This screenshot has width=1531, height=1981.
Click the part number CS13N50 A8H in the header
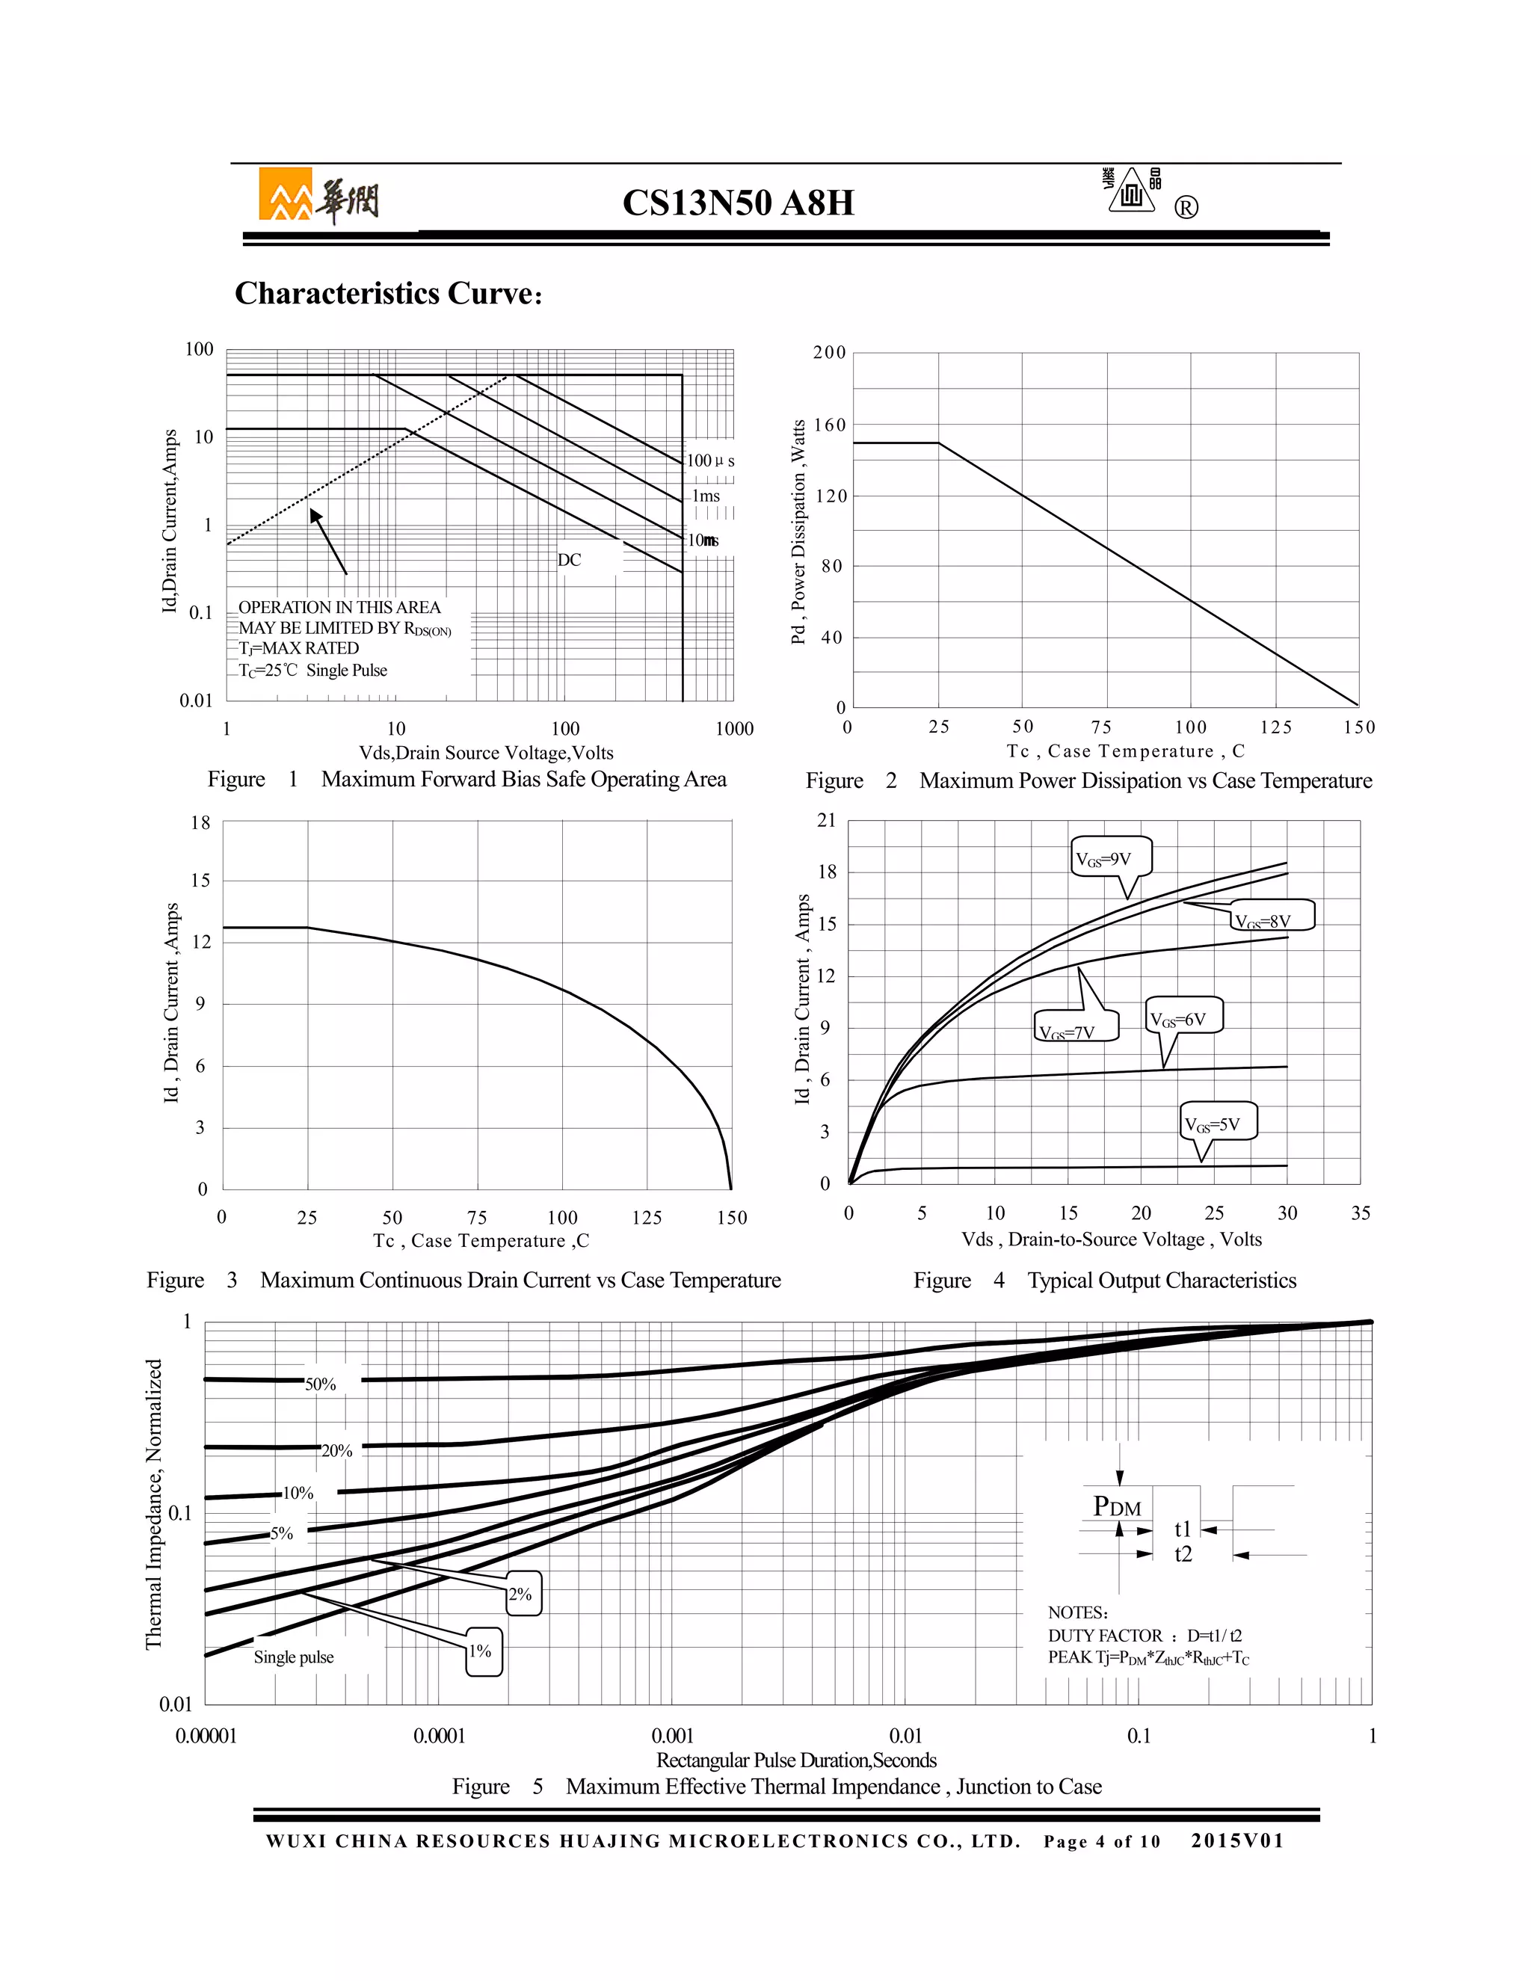click(x=737, y=203)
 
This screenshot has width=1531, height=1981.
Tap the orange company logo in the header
click(x=285, y=194)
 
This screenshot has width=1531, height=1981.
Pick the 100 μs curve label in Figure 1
click(x=709, y=460)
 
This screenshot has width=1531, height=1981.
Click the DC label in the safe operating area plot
click(x=569, y=560)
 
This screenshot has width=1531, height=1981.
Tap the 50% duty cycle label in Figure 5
click(x=320, y=1384)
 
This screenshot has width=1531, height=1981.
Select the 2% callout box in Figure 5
click(x=520, y=1594)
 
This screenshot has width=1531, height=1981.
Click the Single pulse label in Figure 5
click(x=293, y=1657)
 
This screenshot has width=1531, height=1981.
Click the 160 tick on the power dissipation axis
click(x=829, y=425)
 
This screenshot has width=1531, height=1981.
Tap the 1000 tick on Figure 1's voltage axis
click(x=734, y=728)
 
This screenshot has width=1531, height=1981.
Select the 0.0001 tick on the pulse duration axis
click(x=439, y=1736)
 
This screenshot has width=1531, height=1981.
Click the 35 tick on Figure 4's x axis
click(x=1360, y=1213)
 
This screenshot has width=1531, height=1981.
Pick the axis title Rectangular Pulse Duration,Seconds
click(x=795, y=1760)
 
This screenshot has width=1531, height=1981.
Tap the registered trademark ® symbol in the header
click(x=1186, y=208)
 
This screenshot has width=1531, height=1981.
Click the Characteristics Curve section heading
click(x=388, y=293)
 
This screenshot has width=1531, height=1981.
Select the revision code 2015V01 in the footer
click(x=1237, y=1840)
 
